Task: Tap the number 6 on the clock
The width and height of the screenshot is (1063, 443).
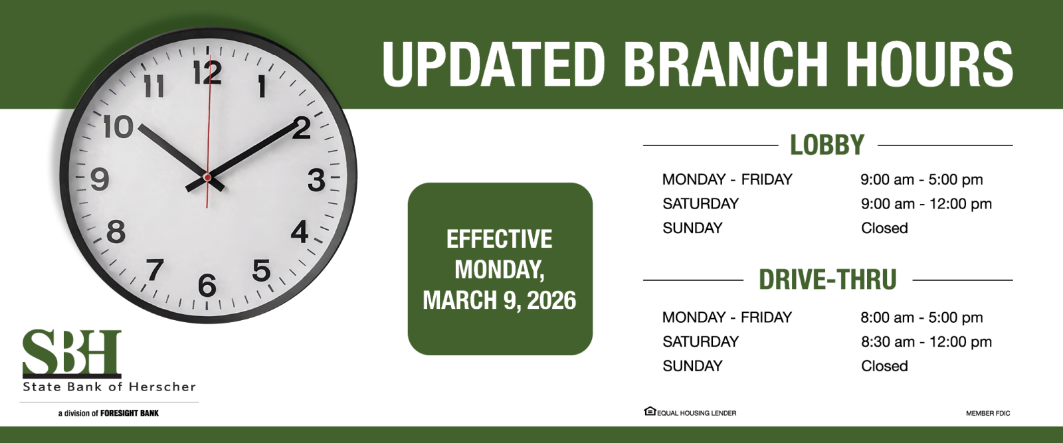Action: (x=207, y=286)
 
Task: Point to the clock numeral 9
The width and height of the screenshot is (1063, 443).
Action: (x=100, y=179)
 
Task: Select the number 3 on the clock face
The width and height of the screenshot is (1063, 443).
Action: (x=316, y=180)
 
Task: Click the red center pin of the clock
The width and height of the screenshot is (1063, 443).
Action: (x=207, y=177)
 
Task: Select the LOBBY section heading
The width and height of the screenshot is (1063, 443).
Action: (x=827, y=145)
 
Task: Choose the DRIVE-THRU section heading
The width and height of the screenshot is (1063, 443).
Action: (x=828, y=280)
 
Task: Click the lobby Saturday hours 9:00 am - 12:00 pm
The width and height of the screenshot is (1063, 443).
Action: (x=926, y=204)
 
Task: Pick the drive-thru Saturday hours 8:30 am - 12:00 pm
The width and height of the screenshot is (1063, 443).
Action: (x=926, y=341)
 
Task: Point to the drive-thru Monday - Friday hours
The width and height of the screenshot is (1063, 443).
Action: (x=921, y=317)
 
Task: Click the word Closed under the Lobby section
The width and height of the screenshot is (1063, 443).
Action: (x=884, y=228)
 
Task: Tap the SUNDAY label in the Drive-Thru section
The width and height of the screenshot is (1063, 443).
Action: (x=692, y=366)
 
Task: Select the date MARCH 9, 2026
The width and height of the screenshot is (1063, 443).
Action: (x=499, y=300)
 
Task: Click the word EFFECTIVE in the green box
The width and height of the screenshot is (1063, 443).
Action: (x=499, y=238)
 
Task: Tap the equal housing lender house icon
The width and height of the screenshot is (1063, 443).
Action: (x=650, y=410)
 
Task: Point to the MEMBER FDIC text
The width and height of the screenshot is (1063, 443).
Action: (x=988, y=413)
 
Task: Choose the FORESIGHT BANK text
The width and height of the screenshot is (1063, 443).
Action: (x=130, y=413)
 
